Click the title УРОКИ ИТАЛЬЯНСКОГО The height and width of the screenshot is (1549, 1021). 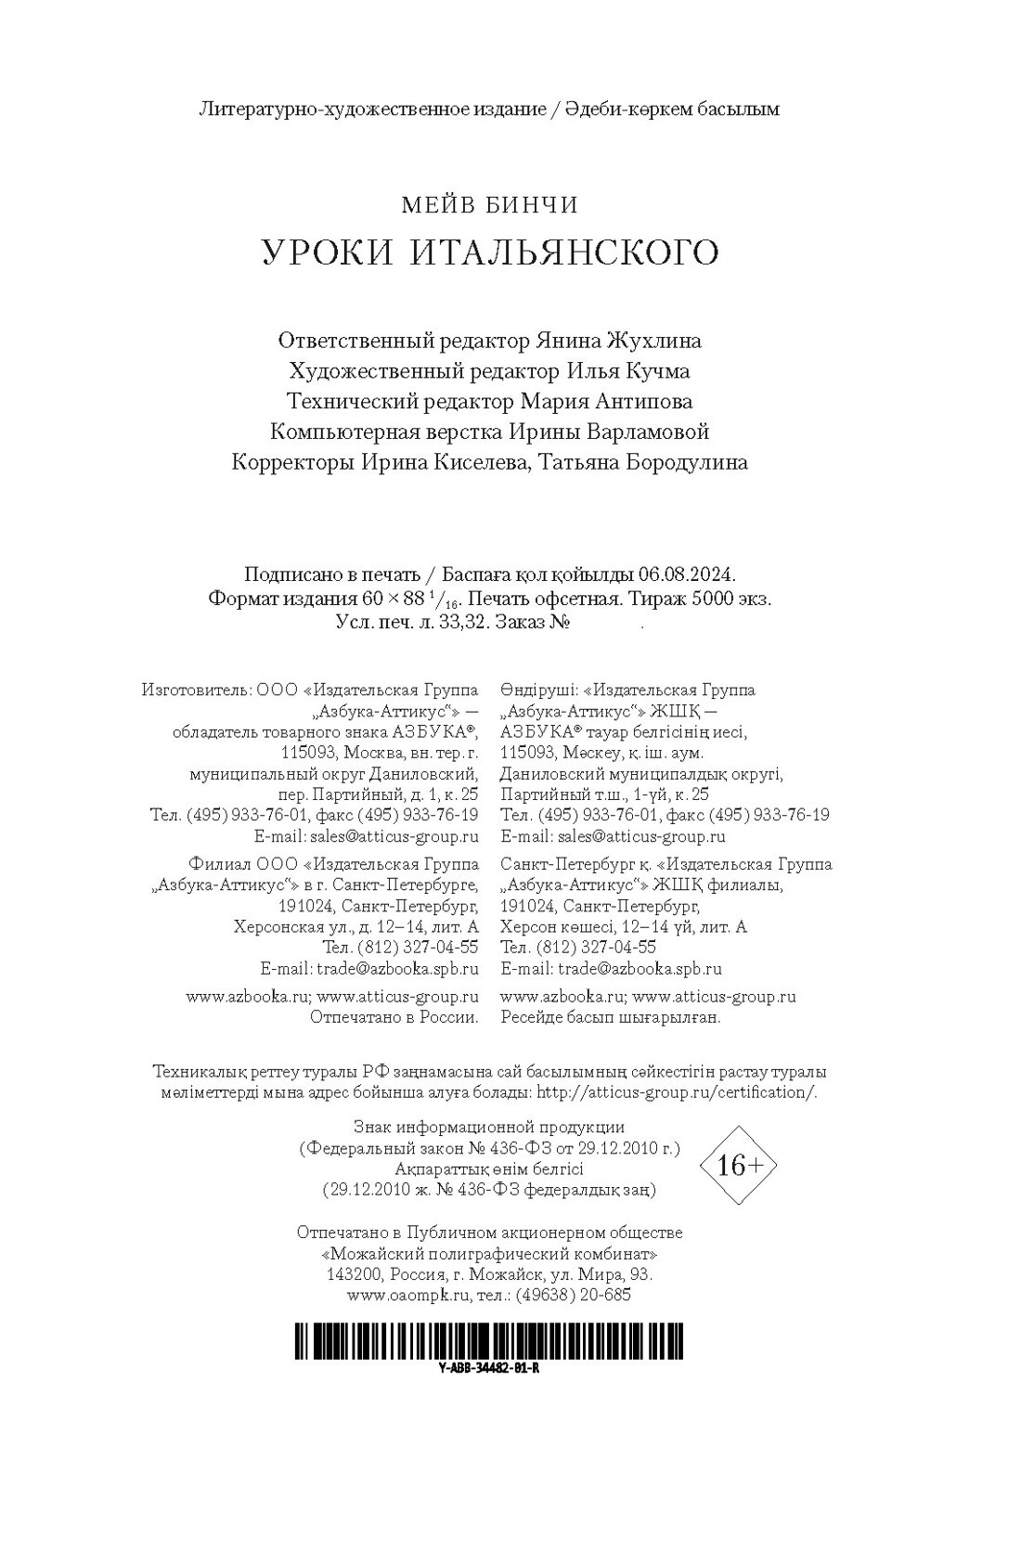tap(489, 252)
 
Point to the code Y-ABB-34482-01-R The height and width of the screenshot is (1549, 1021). tap(489, 1369)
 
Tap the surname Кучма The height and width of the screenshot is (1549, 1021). tap(658, 371)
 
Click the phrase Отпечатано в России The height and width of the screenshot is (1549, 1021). tap(394, 1017)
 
